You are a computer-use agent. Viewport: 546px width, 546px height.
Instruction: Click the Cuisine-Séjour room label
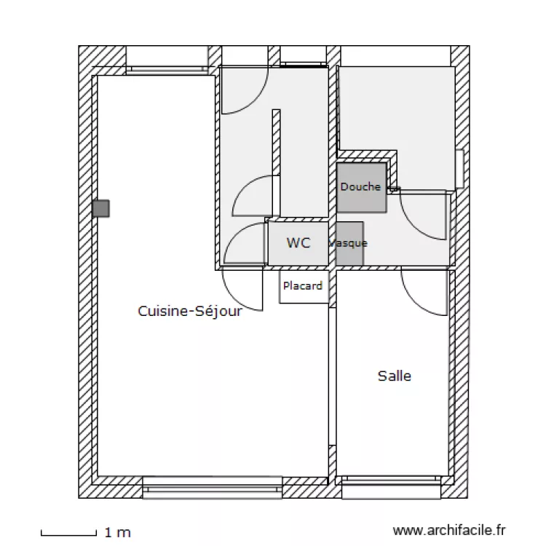coord(189,311)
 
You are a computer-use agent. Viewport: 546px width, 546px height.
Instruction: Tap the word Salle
coord(394,376)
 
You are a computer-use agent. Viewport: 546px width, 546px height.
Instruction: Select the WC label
coord(298,242)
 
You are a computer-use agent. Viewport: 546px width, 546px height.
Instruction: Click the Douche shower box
coord(361,187)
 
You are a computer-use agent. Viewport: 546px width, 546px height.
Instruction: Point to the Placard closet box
coord(302,286)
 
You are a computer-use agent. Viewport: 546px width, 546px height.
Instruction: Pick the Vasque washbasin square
coord(349,243)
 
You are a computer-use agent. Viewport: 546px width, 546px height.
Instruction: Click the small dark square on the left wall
coord(100,209)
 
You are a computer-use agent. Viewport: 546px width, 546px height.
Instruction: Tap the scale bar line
coord(68,535)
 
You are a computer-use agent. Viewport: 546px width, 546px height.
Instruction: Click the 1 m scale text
coord(118,534)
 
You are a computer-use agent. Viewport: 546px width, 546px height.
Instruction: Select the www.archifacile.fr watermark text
coord(448,531)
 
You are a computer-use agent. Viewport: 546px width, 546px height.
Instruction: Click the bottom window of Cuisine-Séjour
coord(212,487)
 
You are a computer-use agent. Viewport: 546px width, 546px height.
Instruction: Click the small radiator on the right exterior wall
coord(459,169)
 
